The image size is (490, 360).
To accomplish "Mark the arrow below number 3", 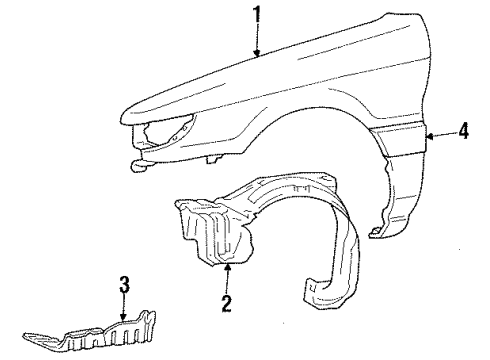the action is coord(124,310).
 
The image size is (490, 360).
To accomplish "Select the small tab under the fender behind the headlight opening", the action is coord(213,157).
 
